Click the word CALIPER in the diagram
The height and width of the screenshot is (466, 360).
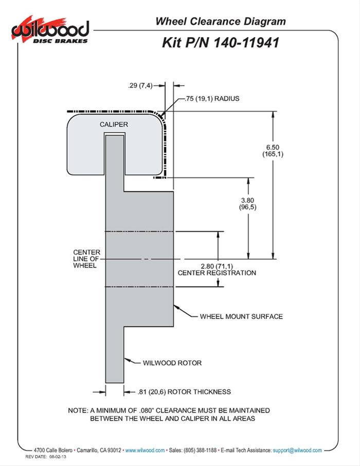[114, 124]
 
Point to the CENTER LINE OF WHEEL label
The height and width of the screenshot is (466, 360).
[86, 259]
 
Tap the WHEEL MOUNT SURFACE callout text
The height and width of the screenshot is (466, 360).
[241, 316]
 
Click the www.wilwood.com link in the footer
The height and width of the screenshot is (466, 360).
[145, 450]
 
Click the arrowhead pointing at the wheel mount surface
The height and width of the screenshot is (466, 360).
[175, 308]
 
